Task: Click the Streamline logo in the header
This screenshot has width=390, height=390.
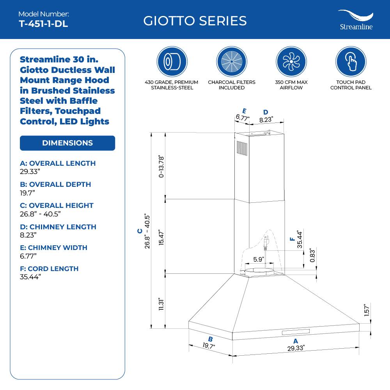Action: [x=355, y=20]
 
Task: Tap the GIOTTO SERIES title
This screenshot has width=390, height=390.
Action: [x=195, y=21]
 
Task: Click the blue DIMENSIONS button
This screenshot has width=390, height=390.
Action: [x=67, y=143]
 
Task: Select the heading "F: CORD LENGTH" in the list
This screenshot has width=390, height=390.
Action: [x=49, y=269]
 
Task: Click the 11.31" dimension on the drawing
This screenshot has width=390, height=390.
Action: [x=160, y=304]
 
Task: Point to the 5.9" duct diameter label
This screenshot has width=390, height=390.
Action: [x=259, y=259]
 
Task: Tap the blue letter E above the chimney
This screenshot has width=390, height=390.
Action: [x=244, y=111]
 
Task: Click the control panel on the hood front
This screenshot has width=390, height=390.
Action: [x=295, y=332]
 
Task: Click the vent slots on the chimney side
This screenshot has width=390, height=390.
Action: [x=239, y=150]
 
